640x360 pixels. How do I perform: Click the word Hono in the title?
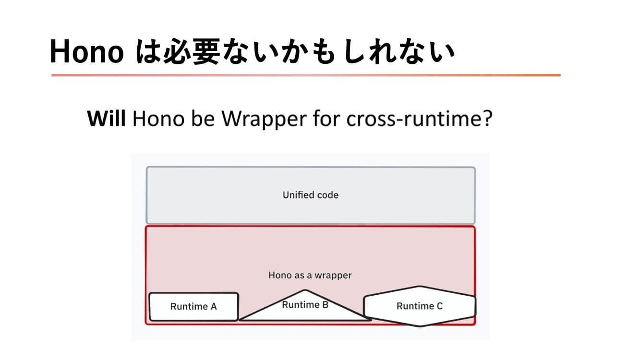click(x=87, y=51)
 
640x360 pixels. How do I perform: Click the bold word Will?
click(x=106, y=119)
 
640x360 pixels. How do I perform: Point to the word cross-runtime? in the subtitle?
click(x=420, y=119)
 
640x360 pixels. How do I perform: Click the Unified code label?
click(x=310, y=195)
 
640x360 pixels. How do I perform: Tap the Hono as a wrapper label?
click(x=310, y=276)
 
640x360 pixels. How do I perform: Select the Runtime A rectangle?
click(x=193, y=307)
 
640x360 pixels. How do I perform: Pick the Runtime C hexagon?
click(x=420, y=306)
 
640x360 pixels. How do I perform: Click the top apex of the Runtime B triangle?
click(x=305, y=290)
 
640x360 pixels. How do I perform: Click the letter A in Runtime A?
click(x=213, y=307)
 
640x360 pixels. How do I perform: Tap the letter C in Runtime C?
click(x=439, y=306)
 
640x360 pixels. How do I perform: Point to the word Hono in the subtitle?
click(x=158, y=119)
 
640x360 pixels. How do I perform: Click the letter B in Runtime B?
click(x=325, y=305)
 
